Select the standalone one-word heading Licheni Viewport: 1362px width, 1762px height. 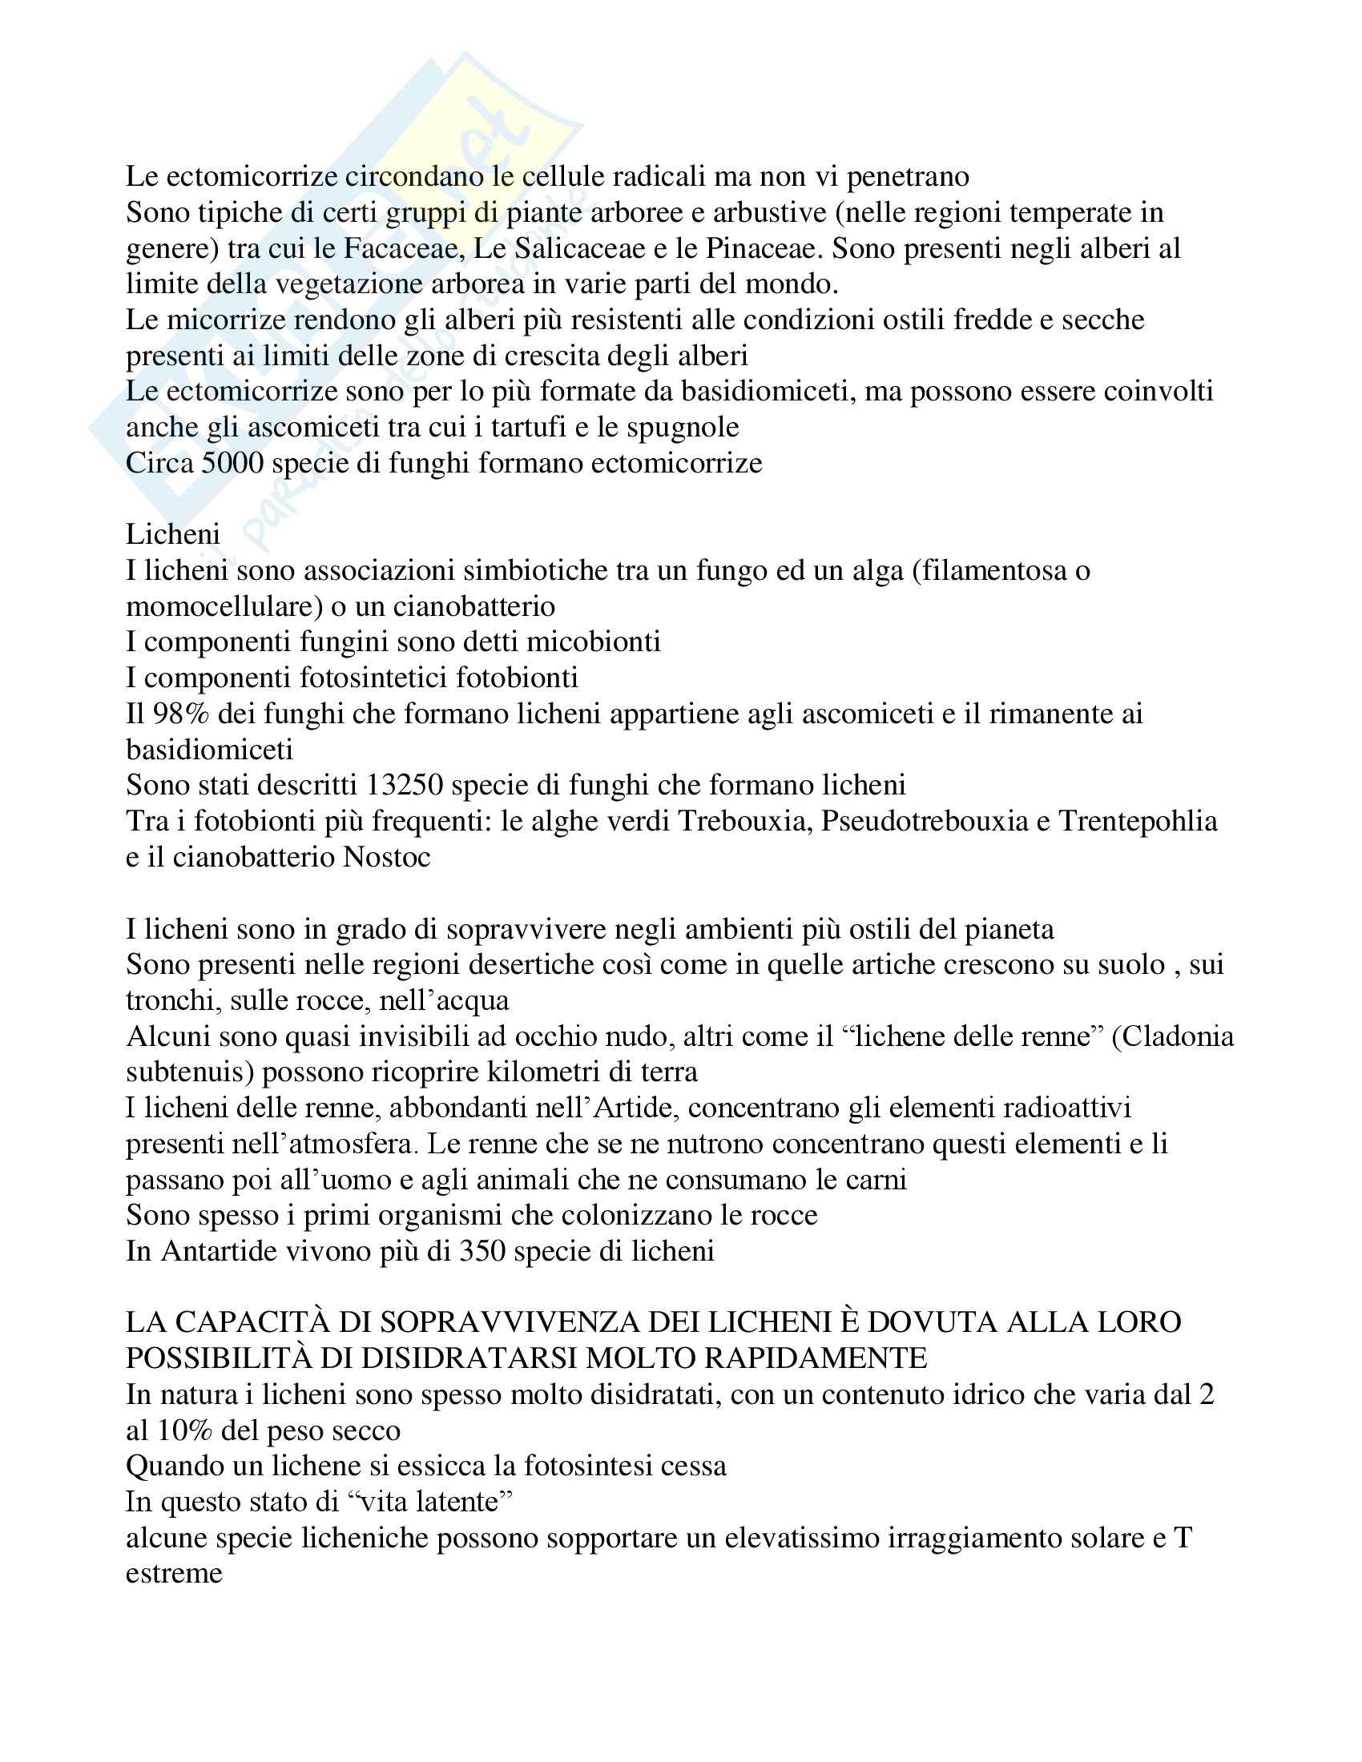(x=174, y=534)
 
